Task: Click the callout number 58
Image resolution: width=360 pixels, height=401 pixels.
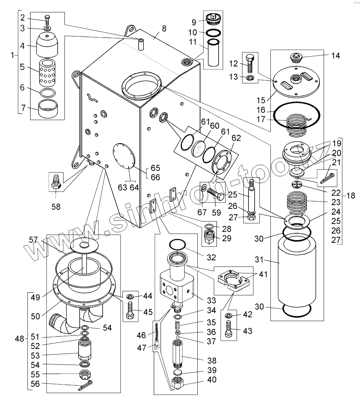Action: (56, 207)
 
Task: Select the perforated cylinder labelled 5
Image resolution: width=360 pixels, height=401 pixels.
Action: (47, 73)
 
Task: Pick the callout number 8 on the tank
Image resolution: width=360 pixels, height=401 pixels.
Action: (164, 29)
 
